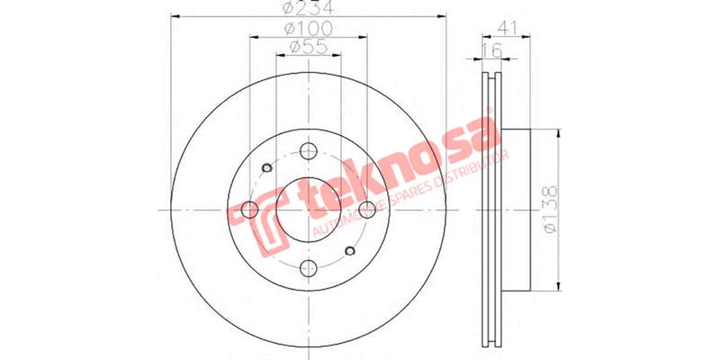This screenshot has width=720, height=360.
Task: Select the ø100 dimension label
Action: [309, 30]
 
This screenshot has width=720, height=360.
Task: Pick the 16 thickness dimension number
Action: [490, 50]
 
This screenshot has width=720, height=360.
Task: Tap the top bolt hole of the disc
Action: [309, 152]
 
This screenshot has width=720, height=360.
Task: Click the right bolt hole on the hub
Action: [366, 210]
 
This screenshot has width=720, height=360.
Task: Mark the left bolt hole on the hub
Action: [251, 210]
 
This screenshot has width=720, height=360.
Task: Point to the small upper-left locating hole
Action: [265, 167]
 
